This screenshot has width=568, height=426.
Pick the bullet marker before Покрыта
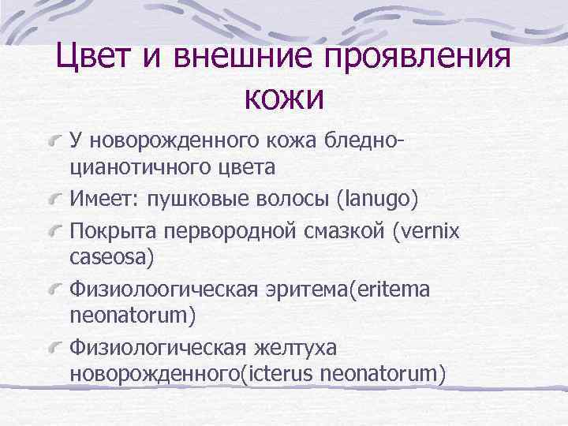[55, 233]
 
